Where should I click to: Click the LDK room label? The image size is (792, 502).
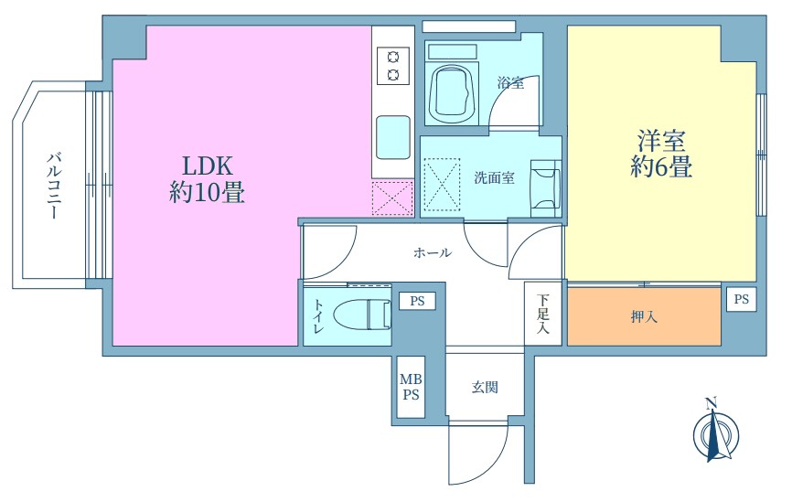(207, 166)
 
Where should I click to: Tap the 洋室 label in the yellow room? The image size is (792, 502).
(661, 141)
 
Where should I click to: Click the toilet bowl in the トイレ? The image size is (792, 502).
(362, 315)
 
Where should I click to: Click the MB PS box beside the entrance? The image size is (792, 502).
(411, 387)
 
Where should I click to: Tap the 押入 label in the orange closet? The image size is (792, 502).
(644, 316)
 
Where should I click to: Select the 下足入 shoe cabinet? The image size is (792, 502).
(543, 313)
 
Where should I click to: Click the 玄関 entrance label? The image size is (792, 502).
(485, 388)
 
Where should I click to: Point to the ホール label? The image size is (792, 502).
(433, 252)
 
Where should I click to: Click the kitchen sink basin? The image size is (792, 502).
(393, 137)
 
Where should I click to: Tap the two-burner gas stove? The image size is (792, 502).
(393, 66)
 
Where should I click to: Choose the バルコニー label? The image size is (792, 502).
(54, 186)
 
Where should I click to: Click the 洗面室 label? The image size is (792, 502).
(495, 177)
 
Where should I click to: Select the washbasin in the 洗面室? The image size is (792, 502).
(545, 188)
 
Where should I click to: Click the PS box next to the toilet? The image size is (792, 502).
(417, 302)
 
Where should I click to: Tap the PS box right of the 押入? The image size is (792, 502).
(742, 299)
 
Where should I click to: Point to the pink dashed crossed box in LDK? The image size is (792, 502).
(392, 198)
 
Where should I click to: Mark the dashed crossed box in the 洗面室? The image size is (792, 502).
(442, 184)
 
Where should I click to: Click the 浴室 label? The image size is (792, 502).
(510, 82)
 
